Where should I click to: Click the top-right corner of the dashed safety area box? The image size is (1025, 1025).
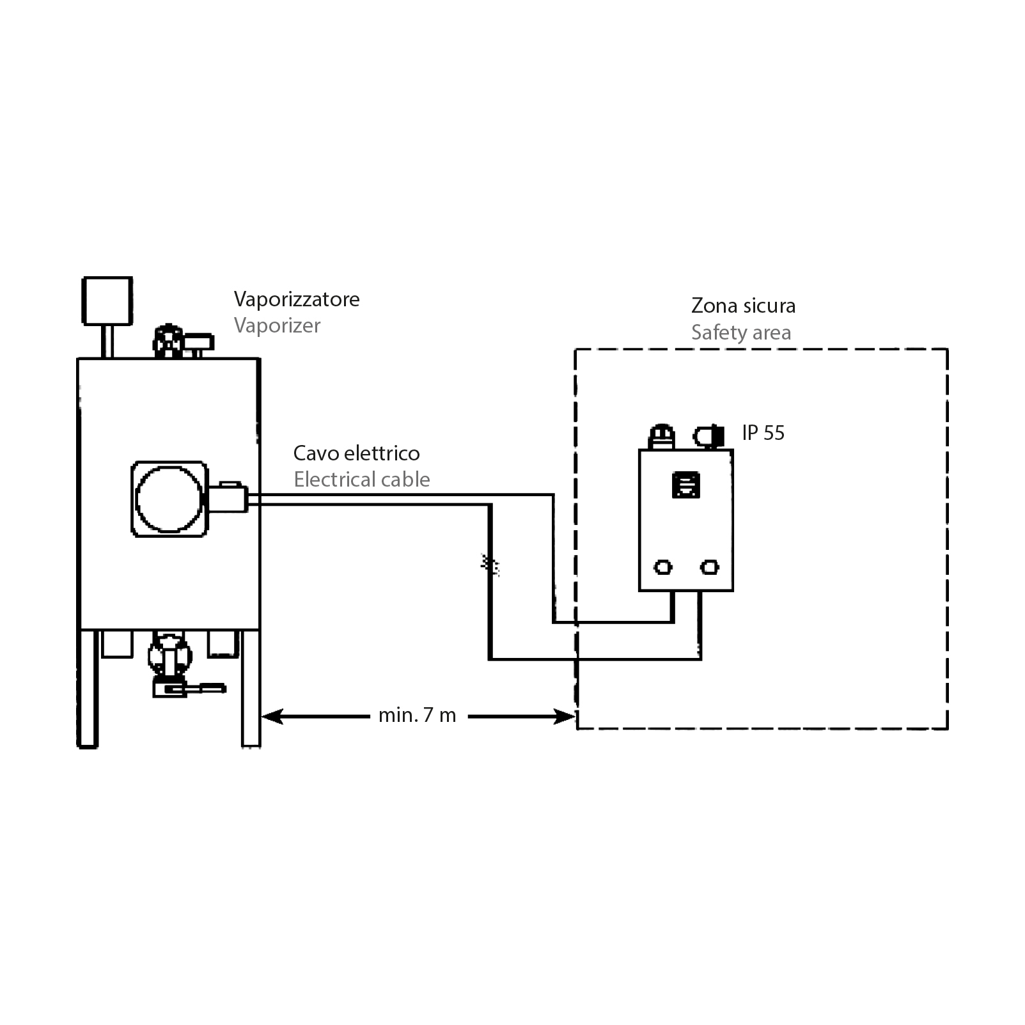click(947, 349)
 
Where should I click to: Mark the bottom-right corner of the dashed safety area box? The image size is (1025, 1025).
click(947, 728)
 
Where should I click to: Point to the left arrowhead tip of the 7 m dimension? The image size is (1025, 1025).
click(262, 716)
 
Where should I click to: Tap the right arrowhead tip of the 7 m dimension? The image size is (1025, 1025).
click(575, 716)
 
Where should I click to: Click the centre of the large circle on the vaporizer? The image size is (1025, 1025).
click(169, 499)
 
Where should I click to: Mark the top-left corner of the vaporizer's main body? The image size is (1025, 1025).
click(78, 359)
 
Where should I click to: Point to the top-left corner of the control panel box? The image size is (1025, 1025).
click(639, 450)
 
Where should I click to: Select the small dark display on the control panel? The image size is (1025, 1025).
click(685, 485)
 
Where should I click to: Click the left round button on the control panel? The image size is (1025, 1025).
click(663, 567)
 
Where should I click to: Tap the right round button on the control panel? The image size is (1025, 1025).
click(709, 567)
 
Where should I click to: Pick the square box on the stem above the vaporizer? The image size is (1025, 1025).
click(107, 301)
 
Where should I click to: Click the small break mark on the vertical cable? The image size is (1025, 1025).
click(490, 564)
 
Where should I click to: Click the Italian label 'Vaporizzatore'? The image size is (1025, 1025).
click(297, 299)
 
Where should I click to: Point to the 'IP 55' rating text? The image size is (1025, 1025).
click(763, 433)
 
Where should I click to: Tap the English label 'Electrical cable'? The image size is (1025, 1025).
click(362, 480)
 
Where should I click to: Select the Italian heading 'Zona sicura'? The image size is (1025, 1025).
click(744, 306)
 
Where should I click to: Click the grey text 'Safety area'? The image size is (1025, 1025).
click(741, 333)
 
